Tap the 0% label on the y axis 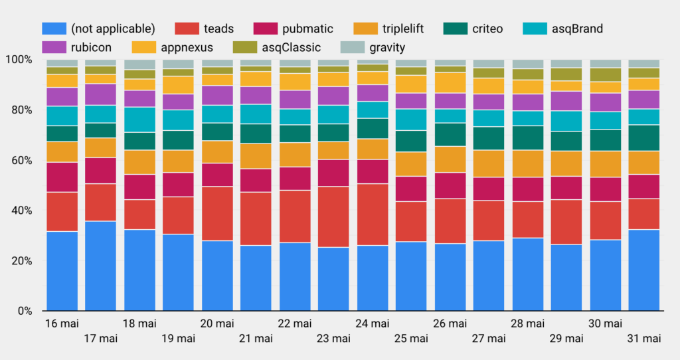point(25,311)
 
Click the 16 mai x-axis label point(62,323)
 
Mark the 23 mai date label point(333,339)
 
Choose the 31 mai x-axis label point(644,339)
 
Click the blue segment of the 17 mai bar point(101,266)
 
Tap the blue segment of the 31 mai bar point(644,270)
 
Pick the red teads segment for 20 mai point(217,213)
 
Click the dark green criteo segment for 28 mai point(528,137)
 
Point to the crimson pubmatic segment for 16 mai point(62,177)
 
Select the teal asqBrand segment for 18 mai point(139,120)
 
